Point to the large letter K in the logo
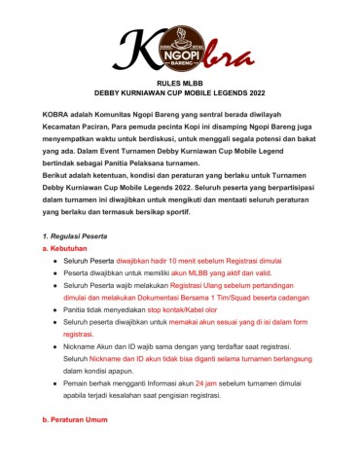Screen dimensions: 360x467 pos(136,49)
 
